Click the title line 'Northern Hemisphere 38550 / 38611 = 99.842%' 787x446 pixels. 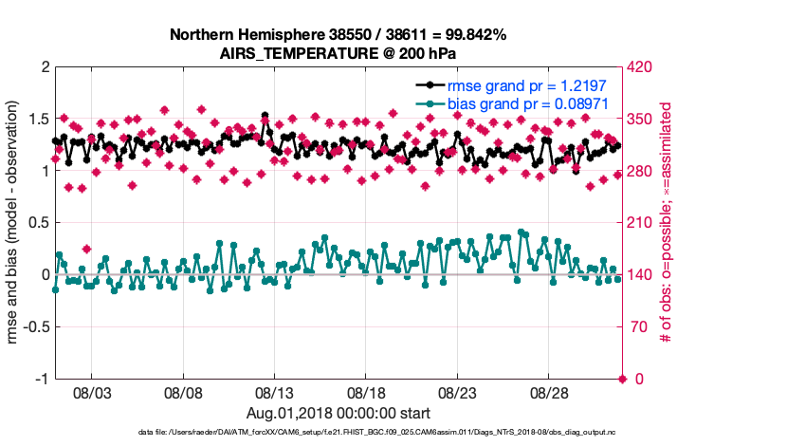pyautogui.click(x=339, y=34)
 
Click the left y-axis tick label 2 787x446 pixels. pyautogui.click(x=44, y=67)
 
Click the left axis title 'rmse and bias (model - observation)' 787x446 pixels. pyautogui.click(x=15, y=223)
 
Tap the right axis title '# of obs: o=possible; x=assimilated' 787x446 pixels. pyautogui.click(x=667, y=223)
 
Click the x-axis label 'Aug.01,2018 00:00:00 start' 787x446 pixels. pyautogui.click(x=339, y=413)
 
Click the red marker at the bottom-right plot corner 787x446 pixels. pyautogui.click(x=622, y=379)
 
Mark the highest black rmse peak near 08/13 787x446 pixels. pyautogui.click(x=265, y=116)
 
